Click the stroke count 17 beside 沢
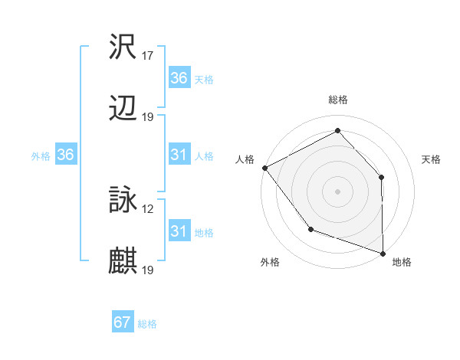[148, 56]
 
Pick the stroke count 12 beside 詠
[148, 208]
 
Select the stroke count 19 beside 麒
[148, 270]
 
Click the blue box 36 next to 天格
[179, 78]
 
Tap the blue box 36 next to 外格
[66, 155]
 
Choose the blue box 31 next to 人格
[179, 155]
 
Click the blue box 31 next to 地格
[179, 231]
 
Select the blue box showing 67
[123, 322]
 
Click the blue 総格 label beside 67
[147, 323]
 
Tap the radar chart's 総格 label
[338, 100]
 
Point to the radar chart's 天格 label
[431, 159]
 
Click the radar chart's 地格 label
[402, 262]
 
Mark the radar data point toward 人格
[264, 167]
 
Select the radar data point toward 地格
[382, 252]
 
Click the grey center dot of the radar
[338, 191]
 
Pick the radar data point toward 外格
[310, 228]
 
